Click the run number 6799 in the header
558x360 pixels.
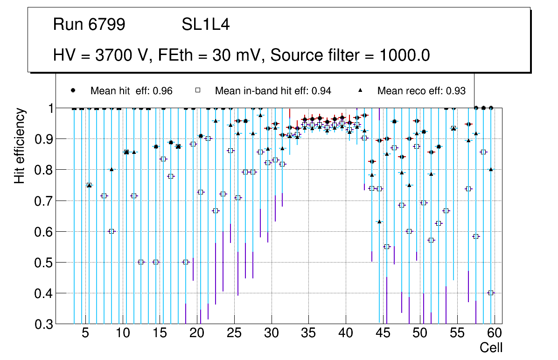tap(107, 25)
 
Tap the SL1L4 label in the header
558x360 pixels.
tap(205, 25)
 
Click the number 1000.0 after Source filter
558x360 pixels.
tap(405, 55)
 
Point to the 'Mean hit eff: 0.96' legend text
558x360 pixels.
tap(132, 91)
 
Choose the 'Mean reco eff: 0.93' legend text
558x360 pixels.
tap(421, 91)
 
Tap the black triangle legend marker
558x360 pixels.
tap(360, 90)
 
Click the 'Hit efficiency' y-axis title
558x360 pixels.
tap(20, 146)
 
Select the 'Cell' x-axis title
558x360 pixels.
tap(491, 347)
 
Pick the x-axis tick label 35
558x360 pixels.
tap(308, 333)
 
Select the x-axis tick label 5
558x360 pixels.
tap(85, 333)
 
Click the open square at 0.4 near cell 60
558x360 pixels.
tap(490, 293)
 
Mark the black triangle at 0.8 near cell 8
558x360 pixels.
tap(112, 169)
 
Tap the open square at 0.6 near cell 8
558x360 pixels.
tap(112, 231)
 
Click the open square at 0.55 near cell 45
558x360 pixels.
tap(387, 247)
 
